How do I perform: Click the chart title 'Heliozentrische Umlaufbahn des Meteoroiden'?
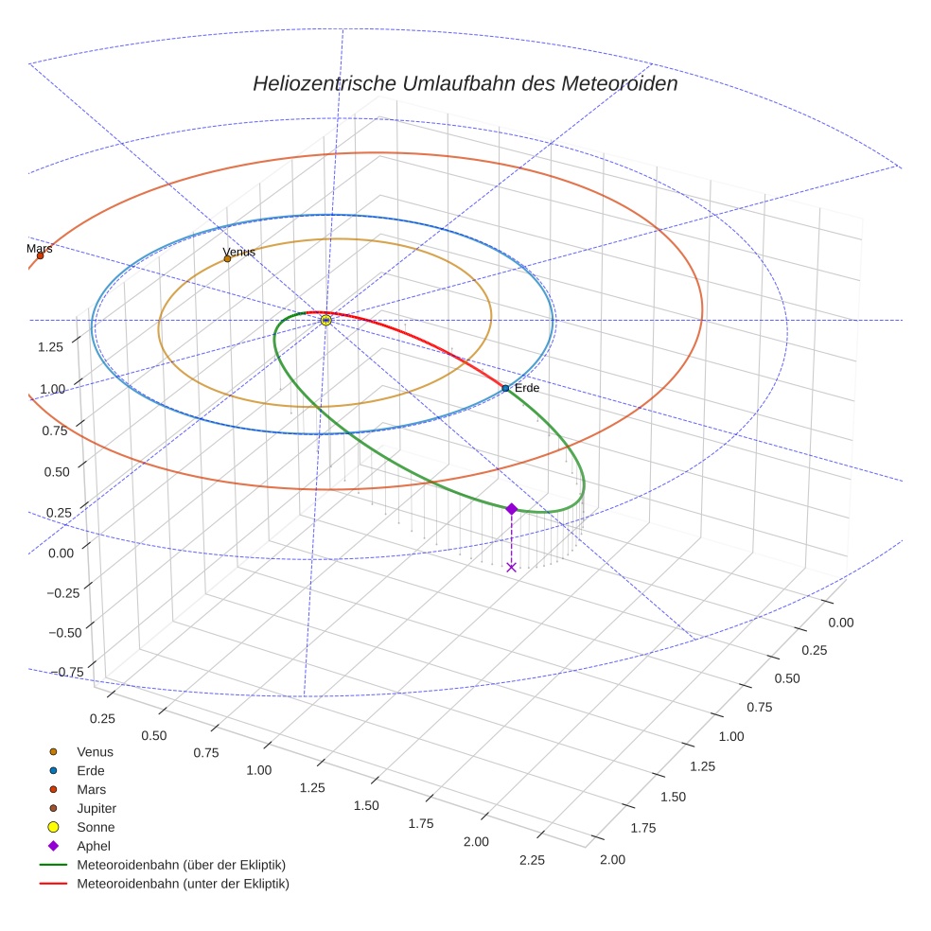(x=465, y=84)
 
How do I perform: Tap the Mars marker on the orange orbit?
(x=40, y=255)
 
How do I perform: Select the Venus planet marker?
(x=227, y=258)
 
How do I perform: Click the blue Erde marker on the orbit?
(x=505, y=388)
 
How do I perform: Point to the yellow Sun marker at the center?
(x=325, y=321)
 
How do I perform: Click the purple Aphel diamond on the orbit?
(x=511, y=509)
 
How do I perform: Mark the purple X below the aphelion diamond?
(x=511, y=567)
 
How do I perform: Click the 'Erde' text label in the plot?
(x=526, y=388)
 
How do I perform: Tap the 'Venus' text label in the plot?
(x=238, y=252)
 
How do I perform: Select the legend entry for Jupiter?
(x=96, y=808)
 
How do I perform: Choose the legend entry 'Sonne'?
(x=95, y=827)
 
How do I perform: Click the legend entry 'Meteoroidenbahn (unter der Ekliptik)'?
(x=182, y=884)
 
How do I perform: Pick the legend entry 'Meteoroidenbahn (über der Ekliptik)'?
(x=180, y=865)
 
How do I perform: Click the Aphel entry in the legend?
(x=93, y=846)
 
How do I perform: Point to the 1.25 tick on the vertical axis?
(x=50, y=346)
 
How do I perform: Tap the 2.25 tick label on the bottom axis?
(x=532, y=860)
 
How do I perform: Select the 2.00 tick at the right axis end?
(x=612, y=859)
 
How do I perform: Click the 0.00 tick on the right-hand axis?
(x=840, y=623)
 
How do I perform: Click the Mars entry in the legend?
(x=91, y=789)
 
